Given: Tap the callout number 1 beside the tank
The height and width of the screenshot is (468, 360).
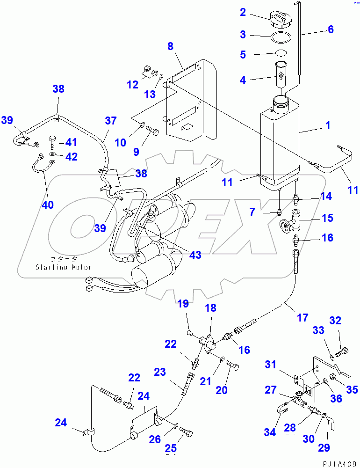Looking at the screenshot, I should pos(328,125).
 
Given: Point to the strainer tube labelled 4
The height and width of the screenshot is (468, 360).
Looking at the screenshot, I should pos(281,74).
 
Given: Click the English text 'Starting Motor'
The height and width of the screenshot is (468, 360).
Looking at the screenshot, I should pos(64,267).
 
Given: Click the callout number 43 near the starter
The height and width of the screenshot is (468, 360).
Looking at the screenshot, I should pos(195,255).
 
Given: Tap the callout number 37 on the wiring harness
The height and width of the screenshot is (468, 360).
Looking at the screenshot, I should pos(110,120).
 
